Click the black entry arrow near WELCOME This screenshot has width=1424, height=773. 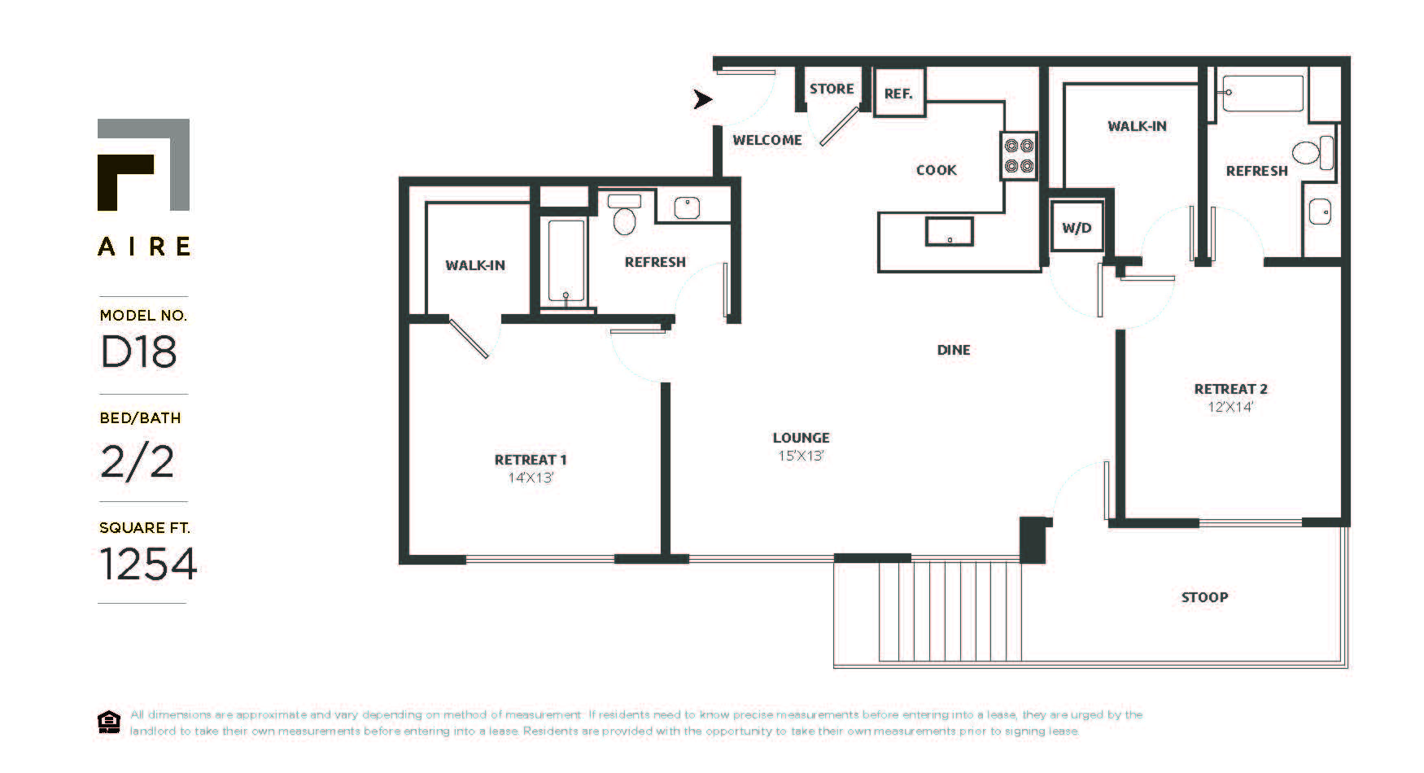(702, 99)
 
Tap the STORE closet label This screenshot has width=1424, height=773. (831, 89)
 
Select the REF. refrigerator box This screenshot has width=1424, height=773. (898, 93)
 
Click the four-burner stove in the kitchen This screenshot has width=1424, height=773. (1019, 155)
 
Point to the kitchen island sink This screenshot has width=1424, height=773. (949, 231)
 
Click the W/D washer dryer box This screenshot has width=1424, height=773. (1077, 227)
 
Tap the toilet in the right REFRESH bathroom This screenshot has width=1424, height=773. (1313, 152)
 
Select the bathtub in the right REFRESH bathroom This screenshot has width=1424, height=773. (1263, 94)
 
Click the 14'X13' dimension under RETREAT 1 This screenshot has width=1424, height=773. (531, 478)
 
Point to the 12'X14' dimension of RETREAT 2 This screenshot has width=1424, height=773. (1230, 407)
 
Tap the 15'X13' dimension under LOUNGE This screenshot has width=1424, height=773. (801, 456)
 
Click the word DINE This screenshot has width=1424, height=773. (954, 350)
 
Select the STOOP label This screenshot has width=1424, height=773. (1204, 597)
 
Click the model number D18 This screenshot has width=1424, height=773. (138, 352)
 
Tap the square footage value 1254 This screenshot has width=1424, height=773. (148, 564)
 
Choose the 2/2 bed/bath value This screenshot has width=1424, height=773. (137, 461)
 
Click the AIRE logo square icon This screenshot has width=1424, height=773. (143, 164)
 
